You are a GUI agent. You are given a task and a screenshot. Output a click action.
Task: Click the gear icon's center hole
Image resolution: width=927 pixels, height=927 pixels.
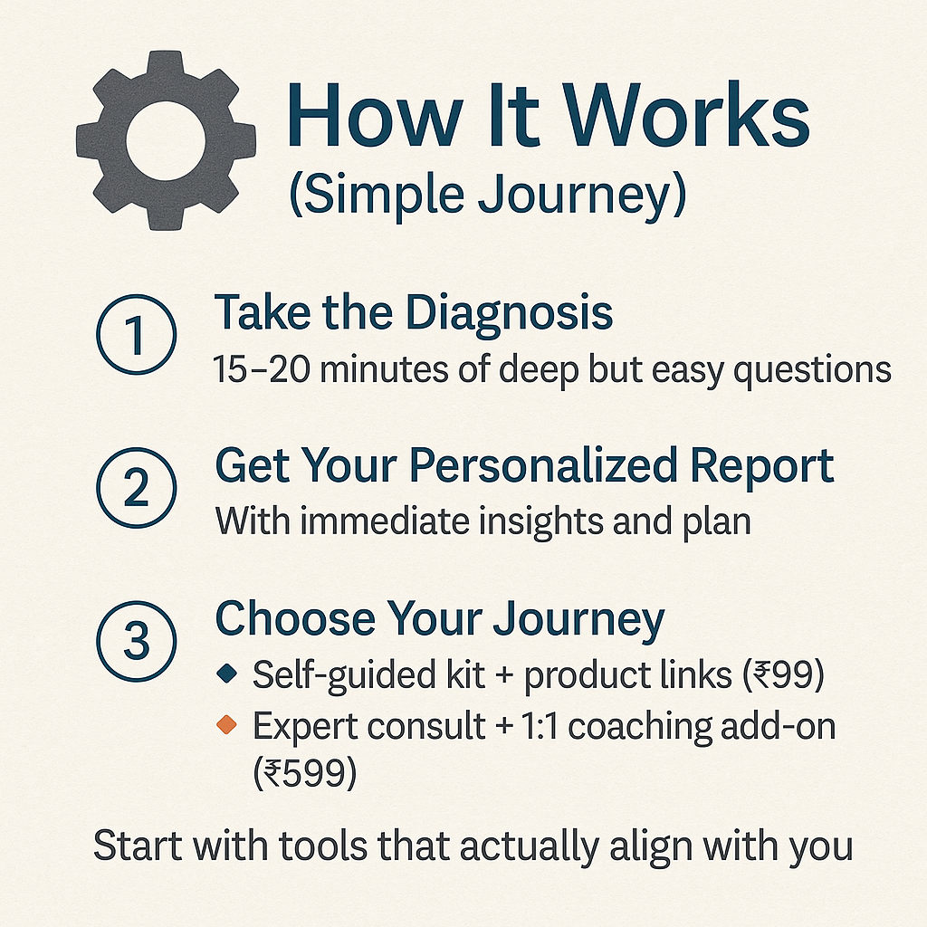166,140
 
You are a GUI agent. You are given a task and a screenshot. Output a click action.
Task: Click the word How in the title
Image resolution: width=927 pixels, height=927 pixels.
375,114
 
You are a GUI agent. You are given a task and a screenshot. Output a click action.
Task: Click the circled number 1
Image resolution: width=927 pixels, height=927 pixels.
136,334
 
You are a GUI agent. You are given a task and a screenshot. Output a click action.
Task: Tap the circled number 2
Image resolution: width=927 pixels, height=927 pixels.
136,487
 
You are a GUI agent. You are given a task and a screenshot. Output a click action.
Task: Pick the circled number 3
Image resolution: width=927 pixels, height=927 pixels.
136,641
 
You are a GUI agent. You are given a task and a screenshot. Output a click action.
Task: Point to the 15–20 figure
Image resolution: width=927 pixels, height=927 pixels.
261,369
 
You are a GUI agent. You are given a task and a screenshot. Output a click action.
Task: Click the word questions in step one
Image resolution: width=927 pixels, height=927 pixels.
812,371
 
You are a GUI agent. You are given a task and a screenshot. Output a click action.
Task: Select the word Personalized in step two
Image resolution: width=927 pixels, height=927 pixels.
543,465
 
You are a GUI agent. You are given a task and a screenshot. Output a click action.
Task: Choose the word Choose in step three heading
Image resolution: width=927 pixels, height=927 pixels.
295,618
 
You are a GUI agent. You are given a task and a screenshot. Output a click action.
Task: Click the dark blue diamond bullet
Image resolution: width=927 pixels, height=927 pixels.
227,673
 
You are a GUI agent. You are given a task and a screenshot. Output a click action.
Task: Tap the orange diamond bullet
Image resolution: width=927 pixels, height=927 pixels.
227,723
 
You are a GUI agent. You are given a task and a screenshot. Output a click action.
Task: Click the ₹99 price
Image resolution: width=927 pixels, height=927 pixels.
783,675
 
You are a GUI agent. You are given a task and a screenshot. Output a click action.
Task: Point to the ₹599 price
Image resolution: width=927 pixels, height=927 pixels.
305,773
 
